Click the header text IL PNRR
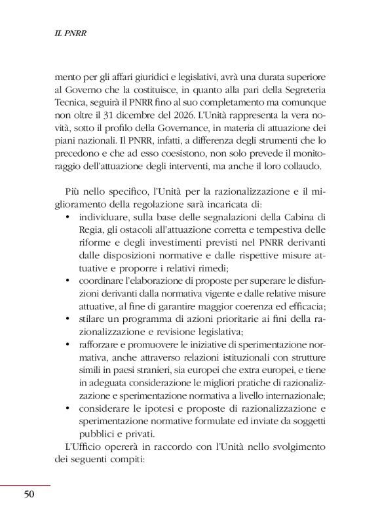[69, 31]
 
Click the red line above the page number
[25, 486]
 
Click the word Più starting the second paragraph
[73, 191]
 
